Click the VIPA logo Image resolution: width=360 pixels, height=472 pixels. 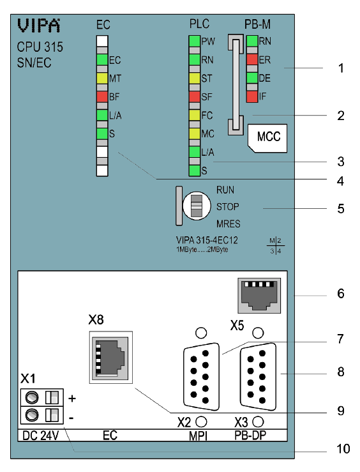(38, 26)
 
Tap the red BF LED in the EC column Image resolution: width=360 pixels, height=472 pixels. (102, 97)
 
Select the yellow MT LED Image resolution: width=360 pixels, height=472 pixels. (102, 79)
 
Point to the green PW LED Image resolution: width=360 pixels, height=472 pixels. (195, 42)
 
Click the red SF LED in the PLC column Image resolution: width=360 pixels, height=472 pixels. (195, 97)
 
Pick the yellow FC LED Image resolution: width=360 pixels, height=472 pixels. (195, 116)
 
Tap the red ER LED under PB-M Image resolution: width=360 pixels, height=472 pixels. (252, 59)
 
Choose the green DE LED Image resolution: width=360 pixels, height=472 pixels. (252, 78)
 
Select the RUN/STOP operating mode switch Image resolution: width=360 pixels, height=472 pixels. (197, 206)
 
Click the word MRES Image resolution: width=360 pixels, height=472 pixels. (229, 224)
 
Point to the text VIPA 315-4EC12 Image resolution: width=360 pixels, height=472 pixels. (207, 240)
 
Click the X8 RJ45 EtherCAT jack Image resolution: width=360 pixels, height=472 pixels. (110, 357)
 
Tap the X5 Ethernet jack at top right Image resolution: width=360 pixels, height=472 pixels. (259, 296)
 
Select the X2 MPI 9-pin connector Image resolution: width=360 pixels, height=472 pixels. (201, 377)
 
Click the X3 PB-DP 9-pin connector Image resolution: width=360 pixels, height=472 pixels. (258, 377)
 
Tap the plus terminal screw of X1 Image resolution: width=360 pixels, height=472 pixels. (31, 398)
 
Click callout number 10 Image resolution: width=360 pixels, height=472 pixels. (343, 449)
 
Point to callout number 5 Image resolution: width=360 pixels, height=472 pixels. (341, 209)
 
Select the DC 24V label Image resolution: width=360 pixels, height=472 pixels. (41, 436)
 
